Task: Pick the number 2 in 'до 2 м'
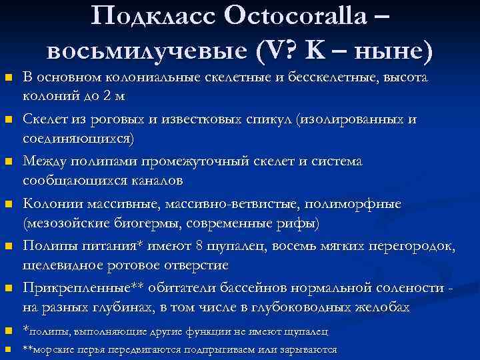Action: [106, 95]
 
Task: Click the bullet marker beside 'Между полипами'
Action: [9, 163]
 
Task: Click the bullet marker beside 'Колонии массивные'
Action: [9, 205]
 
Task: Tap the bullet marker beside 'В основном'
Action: [9, 79]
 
